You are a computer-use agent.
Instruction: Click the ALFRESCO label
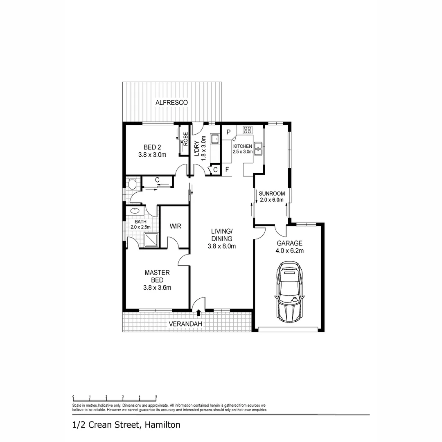pyautogui.click(x=171, y=102)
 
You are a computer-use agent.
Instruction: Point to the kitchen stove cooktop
pyautogui.click(x=247, y=131)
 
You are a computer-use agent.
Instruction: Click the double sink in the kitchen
pyautogui.click(x=258, y=149)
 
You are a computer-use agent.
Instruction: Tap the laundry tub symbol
pyautogui.click(x=215, y=140)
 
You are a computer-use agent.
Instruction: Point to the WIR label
pyautogui.click(x=175, y=226)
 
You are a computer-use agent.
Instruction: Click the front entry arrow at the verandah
pyautogui.click(x=199, y=313)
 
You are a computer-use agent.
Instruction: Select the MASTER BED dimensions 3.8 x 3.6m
pyautogui.click(x=157, y=288)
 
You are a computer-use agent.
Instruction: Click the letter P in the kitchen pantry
pyautogui.click(x=228, y=132)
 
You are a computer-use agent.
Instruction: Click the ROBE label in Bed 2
pyautogui.click(x=185, y=140)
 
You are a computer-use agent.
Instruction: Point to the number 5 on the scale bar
pyautogui.click(x=156, y=397)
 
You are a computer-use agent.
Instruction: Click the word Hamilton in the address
pyautogui.click(x=162, y=425)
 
